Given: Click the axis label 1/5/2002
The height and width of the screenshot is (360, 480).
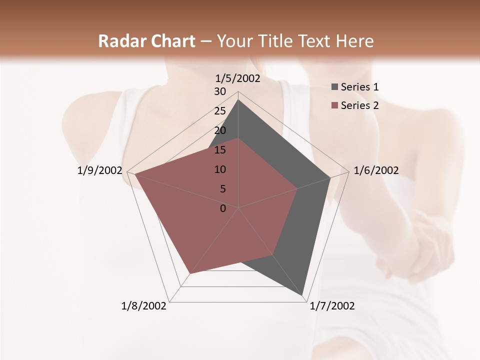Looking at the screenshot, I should (x=238, y=78).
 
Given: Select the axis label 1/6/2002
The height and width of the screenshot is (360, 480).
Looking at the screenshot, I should (x=376, y=170).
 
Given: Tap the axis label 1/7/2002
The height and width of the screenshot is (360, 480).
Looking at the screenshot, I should (x=332, y=306).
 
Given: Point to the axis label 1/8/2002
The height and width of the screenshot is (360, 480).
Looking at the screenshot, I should (x=144, y=306).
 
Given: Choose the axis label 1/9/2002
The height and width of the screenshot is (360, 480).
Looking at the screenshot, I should (x=100, y=170).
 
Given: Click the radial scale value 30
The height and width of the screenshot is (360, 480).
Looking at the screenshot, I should (x=220, y=91).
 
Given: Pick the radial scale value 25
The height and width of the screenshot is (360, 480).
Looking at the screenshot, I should (x=220, y=111).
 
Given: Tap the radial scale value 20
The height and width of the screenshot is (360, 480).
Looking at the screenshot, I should (x=220, y=130).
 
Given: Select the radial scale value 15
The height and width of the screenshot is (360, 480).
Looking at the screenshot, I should (x=220, y=150).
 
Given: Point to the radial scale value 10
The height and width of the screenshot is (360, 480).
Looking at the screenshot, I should (x=220, y=169).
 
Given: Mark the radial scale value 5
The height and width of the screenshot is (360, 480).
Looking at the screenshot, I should (x=222, y=189).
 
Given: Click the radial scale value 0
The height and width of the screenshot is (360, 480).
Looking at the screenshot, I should (x=223, y=208).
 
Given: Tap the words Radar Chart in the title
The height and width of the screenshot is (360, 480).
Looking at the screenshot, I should (x=146, y=41).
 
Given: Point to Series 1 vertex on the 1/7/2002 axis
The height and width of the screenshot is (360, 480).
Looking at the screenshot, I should (x=303, y=296).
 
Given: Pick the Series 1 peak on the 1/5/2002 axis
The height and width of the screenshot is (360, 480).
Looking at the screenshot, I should (x=238, y=100).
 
